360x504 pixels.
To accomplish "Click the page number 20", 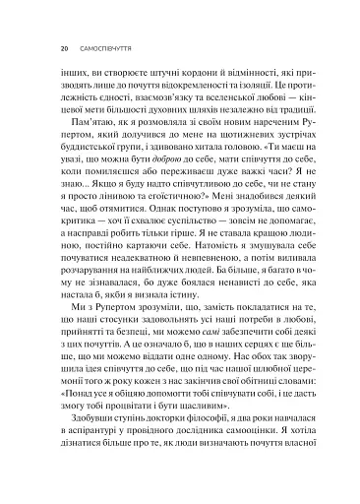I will [63, 46].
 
